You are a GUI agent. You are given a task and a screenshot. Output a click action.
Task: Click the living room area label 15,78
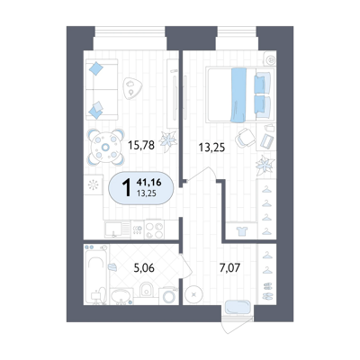141,146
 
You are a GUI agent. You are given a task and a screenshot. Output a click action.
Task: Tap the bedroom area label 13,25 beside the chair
211,148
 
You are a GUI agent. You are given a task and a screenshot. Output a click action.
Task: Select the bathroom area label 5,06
144,267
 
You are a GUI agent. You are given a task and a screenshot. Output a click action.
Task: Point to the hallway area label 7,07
229,267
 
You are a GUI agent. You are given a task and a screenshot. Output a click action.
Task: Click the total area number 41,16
148,182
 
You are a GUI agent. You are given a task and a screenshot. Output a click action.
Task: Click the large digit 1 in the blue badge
127,187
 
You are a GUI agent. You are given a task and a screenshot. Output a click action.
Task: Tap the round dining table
105,147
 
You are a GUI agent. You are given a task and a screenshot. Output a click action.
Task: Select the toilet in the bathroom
146,289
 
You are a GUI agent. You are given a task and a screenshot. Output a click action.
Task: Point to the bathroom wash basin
121,296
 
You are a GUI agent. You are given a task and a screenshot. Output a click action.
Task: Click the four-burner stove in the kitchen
154,229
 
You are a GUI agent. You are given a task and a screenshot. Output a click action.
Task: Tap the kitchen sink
113,229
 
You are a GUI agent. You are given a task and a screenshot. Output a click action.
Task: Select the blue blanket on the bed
238,95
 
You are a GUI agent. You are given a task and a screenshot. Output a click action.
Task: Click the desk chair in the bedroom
245,138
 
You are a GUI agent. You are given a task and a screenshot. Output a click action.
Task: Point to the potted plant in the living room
167,141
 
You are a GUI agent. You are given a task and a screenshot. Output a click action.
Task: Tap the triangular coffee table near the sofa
131,87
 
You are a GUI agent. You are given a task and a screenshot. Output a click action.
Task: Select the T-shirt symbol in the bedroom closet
241,231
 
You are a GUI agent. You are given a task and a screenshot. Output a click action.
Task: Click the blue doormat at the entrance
238,307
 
